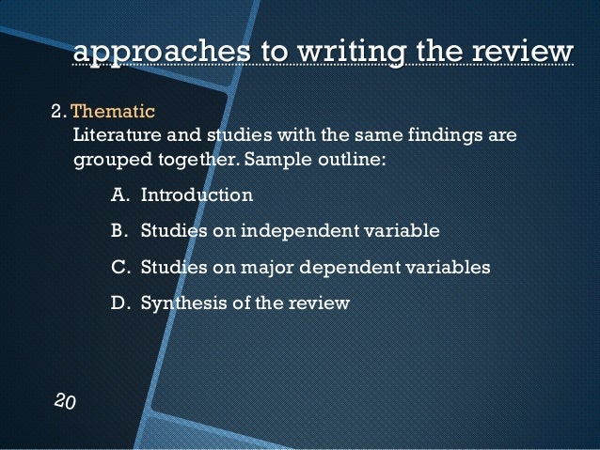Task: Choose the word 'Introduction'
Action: coord(197,195)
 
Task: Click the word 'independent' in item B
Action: coord(296,231)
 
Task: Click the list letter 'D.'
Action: coord(119,303)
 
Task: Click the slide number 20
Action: coord(65,401)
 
